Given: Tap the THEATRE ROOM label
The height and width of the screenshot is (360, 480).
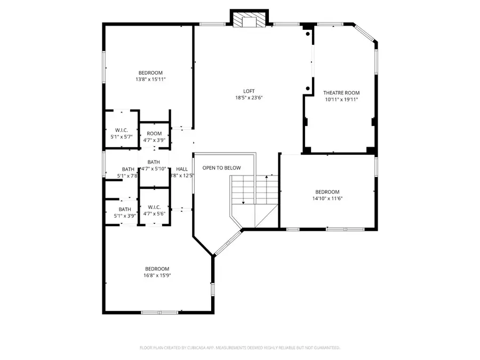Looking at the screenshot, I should pyautogui.click(x=342, y=92).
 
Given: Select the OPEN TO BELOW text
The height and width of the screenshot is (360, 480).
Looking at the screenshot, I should pyautogui.click(x=221, y=168).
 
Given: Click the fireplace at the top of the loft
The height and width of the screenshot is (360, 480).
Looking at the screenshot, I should pyautogui.click(x=249, y=20).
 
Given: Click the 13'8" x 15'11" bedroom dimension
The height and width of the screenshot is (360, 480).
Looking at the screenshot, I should pyautogui.click(x=150, y=80).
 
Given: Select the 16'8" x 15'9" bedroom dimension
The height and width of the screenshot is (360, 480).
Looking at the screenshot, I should pyautogui.click(x=157, y=276).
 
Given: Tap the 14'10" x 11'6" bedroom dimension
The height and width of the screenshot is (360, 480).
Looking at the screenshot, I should pyautogui.click(x=327, y=199).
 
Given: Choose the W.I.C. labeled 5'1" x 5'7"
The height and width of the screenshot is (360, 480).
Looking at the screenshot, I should pyautogui.click(x=120, y=133).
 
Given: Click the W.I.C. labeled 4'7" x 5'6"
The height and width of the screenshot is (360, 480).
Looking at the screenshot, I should pyautogui.click(x=154, y=210).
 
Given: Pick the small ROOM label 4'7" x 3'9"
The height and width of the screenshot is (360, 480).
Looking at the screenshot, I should pyautogui.click(x=154, y=137).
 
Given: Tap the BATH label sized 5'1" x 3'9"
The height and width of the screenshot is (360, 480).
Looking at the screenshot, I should pyautogui.click(x=125, y=213).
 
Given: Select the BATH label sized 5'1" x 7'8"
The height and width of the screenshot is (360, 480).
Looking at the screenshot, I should pyautogui.click(x=127, y=172).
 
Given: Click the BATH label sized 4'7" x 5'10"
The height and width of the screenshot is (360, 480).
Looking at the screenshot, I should pyautogui.click(x=154, y=165).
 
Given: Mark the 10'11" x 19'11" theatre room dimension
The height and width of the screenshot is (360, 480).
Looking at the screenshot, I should pyautogui.click(x=342, y=99).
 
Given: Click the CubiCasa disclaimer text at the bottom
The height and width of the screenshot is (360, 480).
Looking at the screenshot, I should pyautogui.click(x=239, y=347).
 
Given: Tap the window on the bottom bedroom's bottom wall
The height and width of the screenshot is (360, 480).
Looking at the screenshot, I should pyautogui.click(x=159, y=312).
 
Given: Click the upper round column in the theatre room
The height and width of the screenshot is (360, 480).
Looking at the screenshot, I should pyautogui.click(x=308, y=34).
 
